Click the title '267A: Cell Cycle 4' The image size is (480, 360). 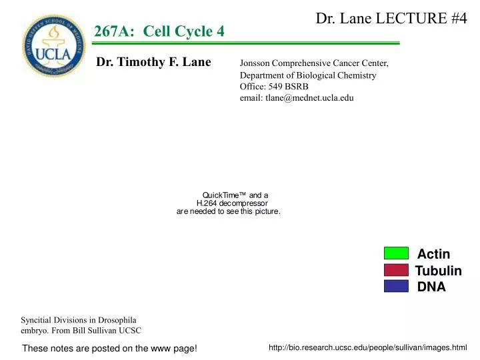[159, 31]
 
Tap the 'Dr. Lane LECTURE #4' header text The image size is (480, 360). [391, 18]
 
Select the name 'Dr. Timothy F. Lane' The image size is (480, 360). [154, 62]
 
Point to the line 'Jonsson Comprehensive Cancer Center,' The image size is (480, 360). [314, 63]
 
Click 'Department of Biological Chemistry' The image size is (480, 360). [308, 75]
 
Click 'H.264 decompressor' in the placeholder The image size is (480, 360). [232, 203]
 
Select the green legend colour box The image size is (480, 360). [396, 253]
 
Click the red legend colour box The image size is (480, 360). [396, 269]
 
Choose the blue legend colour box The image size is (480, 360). [396, 286]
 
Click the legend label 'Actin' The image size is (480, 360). [433, 254]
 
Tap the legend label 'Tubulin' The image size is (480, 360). [438, 271]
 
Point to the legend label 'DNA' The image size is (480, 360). [431, 287]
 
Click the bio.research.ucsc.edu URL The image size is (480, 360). [367, 347]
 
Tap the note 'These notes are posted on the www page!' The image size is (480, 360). [110, 349]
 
